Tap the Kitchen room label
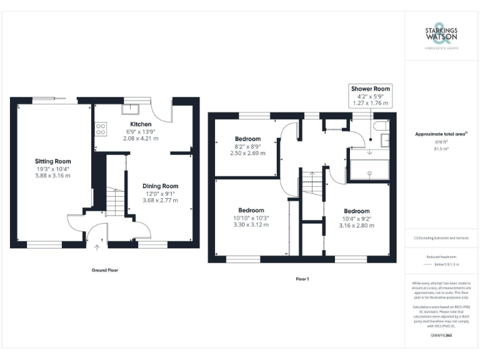click(x=141, y=124)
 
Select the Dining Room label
click(x=161, y=186)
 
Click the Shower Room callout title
click(x=371, y=89)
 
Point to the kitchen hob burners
click(x=100, y=129)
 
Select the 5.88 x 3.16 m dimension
click(x=52, y=176)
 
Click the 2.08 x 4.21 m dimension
click(x=141, y=138)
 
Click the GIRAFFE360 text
click(x=441, y=336)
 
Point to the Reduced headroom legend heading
click(x=441, y=256)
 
